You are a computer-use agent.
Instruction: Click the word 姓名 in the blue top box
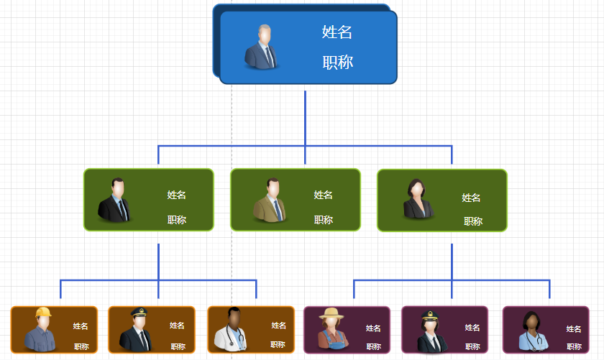337,32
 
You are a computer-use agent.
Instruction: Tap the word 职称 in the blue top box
337,63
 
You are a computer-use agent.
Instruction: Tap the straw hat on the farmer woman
332,313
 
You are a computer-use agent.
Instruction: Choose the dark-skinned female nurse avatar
533,331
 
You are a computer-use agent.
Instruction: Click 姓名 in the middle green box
323,195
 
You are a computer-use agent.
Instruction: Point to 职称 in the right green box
472,221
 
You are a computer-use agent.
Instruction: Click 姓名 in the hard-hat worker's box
80,326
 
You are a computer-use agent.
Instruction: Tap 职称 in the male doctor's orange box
278,345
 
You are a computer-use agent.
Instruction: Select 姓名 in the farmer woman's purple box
373,328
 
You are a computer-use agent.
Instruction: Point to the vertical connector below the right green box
452,260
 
